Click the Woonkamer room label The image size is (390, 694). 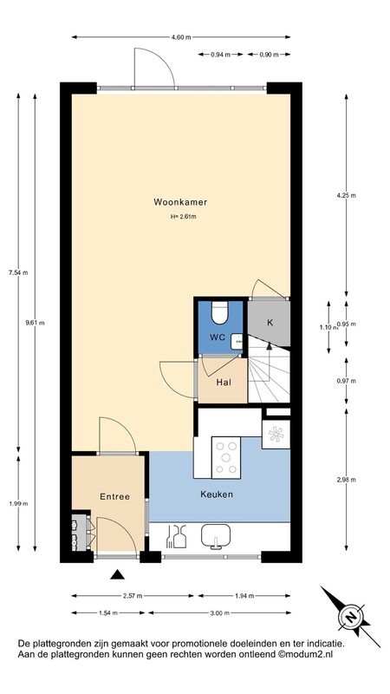180,202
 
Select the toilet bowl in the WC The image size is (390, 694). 218,312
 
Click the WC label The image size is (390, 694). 218,337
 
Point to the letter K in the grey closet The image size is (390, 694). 270,322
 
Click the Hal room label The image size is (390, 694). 224,383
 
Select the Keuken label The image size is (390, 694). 217,494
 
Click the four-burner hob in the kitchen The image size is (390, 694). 226,458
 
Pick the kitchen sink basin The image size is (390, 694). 216,536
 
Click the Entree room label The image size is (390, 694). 115,496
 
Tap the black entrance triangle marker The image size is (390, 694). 117,574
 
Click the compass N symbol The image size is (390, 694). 351,617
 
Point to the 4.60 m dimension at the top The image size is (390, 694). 181,37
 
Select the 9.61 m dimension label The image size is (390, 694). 36,323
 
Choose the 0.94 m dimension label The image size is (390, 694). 221,55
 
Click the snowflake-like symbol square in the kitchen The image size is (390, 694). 276,435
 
